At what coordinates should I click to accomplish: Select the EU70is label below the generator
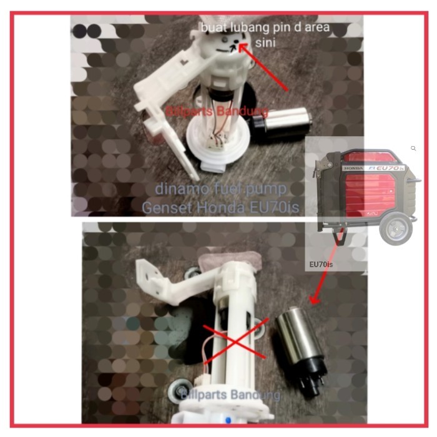pos(322,265)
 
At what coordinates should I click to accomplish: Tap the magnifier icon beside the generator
pos(413,149)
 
